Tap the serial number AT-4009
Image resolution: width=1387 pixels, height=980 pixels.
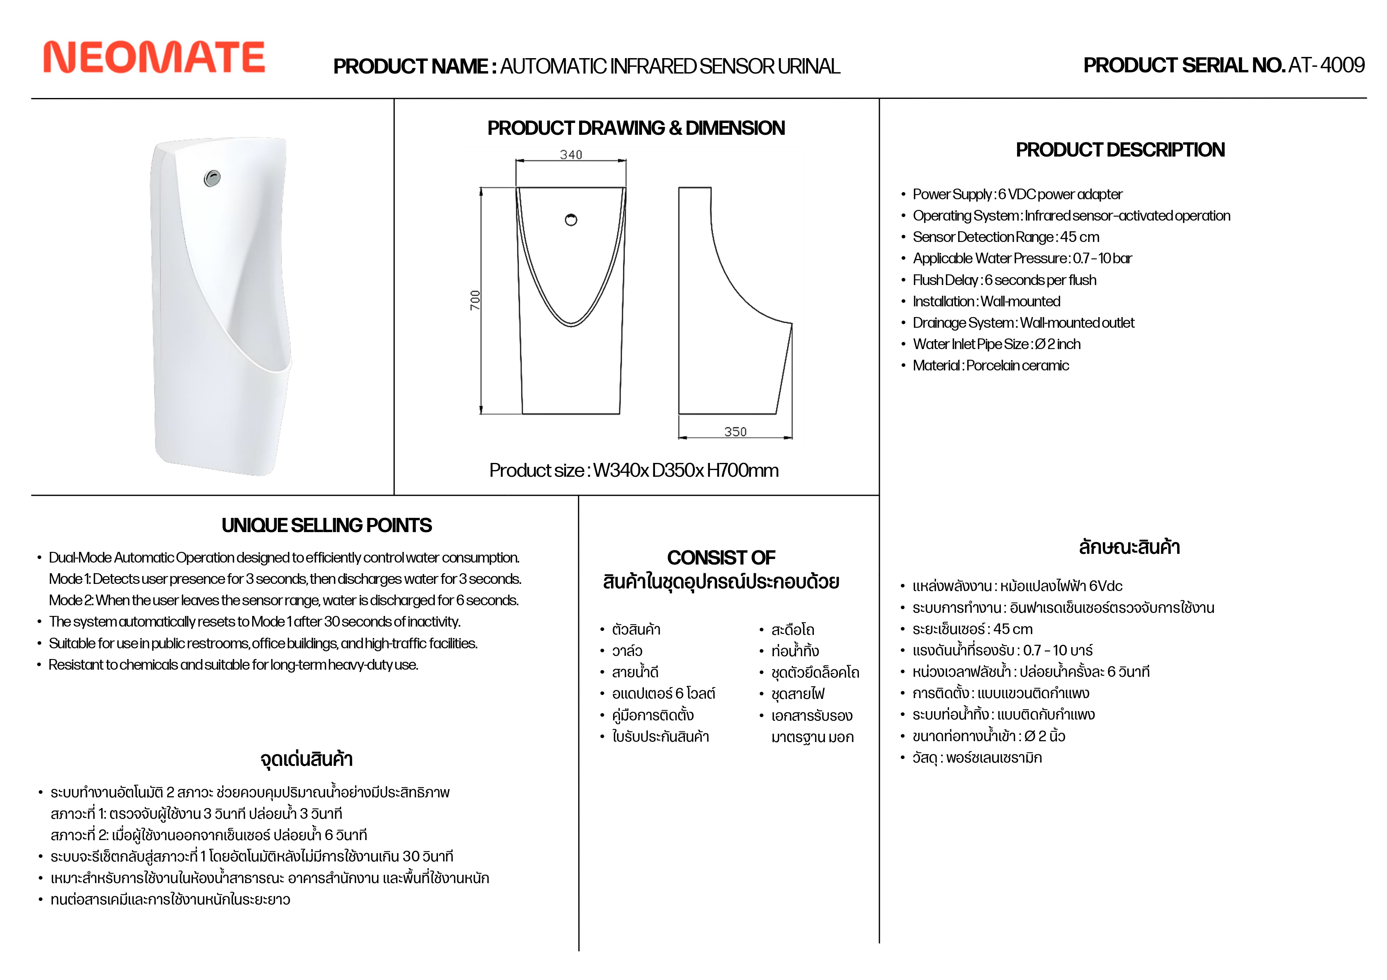click(1326, 65)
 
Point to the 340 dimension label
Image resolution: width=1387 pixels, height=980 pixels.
click(571, 155)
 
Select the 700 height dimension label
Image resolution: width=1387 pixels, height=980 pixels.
click(475, 300)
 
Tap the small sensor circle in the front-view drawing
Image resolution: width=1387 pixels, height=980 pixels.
click(571, 220)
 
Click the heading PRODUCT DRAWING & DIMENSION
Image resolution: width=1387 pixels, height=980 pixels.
click(636, 128)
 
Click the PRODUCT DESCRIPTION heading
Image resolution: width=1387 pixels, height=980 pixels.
click(1120, 150)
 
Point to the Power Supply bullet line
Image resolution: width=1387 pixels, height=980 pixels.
click(1017, 194)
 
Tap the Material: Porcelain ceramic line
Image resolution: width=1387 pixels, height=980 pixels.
click(991, 366)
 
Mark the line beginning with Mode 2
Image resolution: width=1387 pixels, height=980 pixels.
click(283, 600)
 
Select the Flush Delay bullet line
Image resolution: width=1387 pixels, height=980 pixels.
click(1004, 280)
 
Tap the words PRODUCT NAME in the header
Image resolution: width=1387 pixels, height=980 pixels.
click(410, 66)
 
